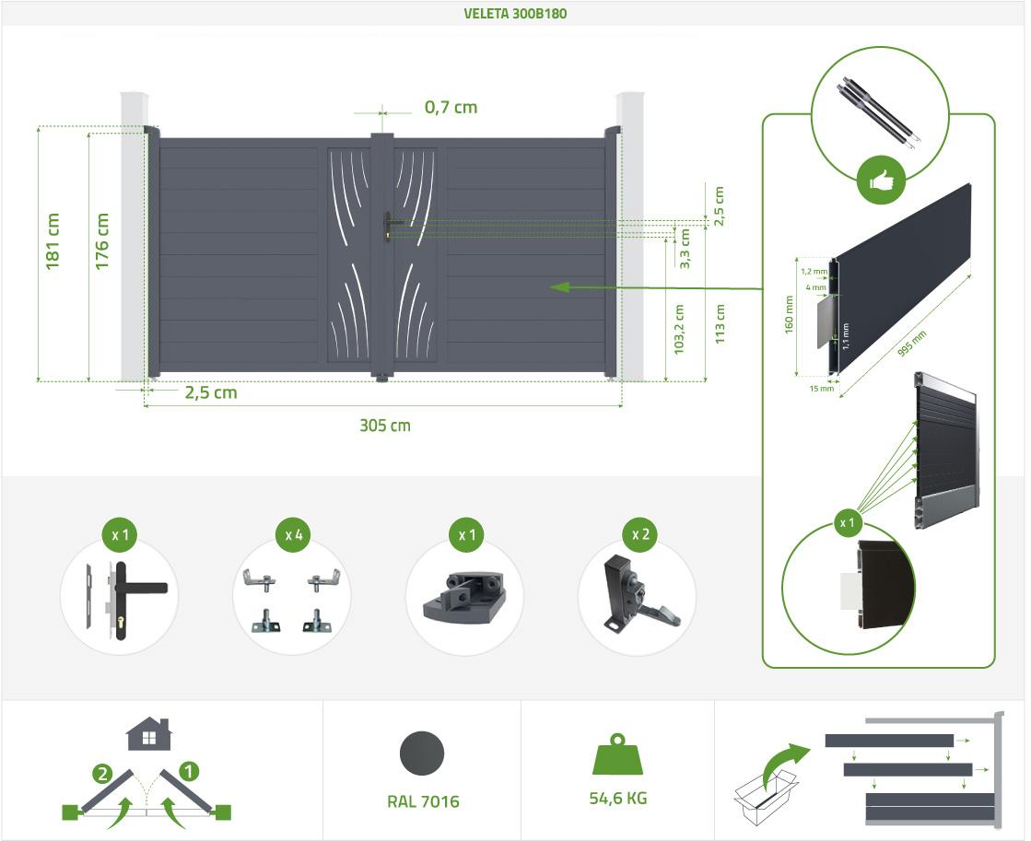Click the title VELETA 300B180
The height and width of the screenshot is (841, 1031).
(515, 13)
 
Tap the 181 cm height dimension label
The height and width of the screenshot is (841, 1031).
(53, 240)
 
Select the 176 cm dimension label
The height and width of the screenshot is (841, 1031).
(102, 240)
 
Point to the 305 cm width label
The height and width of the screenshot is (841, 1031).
(384, 426)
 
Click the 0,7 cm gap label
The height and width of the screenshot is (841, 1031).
(451, 107)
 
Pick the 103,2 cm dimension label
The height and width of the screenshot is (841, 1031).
(679, 329)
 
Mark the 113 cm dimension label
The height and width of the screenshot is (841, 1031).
(720, 323)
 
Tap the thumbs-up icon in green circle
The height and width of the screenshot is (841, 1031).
(881, 181)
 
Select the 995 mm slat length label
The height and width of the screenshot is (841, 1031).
(912, 344)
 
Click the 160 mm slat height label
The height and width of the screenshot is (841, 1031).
(789, 314)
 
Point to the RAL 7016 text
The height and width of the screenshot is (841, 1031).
(423, 801)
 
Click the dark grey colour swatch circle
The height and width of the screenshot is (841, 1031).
(422, 753)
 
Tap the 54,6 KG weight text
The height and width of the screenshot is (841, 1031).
(618, 799)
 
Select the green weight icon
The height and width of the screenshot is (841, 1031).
(617, 754)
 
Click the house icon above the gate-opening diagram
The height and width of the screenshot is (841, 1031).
(149, 734)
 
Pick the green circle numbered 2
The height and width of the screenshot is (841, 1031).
(102, 774)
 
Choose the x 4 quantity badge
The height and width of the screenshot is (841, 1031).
(293, 535)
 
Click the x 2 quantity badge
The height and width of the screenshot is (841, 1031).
(639, 534)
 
